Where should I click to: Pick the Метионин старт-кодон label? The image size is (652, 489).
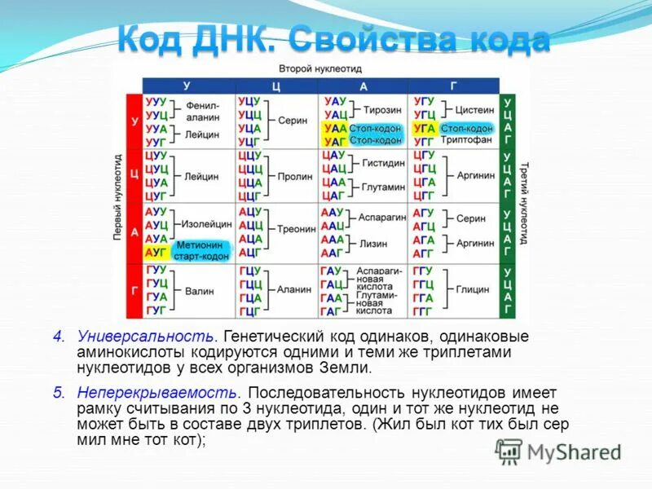[200, 249]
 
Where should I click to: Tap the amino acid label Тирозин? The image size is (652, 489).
[382, 109]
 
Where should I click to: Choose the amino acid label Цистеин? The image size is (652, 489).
[474, 109]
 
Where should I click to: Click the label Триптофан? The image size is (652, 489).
[465, 140]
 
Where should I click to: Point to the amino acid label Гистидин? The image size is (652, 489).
[383, 163]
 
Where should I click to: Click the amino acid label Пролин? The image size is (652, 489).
[295, 175]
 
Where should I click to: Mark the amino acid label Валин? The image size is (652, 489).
[200, 289]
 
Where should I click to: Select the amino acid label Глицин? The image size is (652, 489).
[473, 289]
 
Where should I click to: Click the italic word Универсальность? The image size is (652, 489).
[146, 337]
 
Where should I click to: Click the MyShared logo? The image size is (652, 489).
[558, 451]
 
